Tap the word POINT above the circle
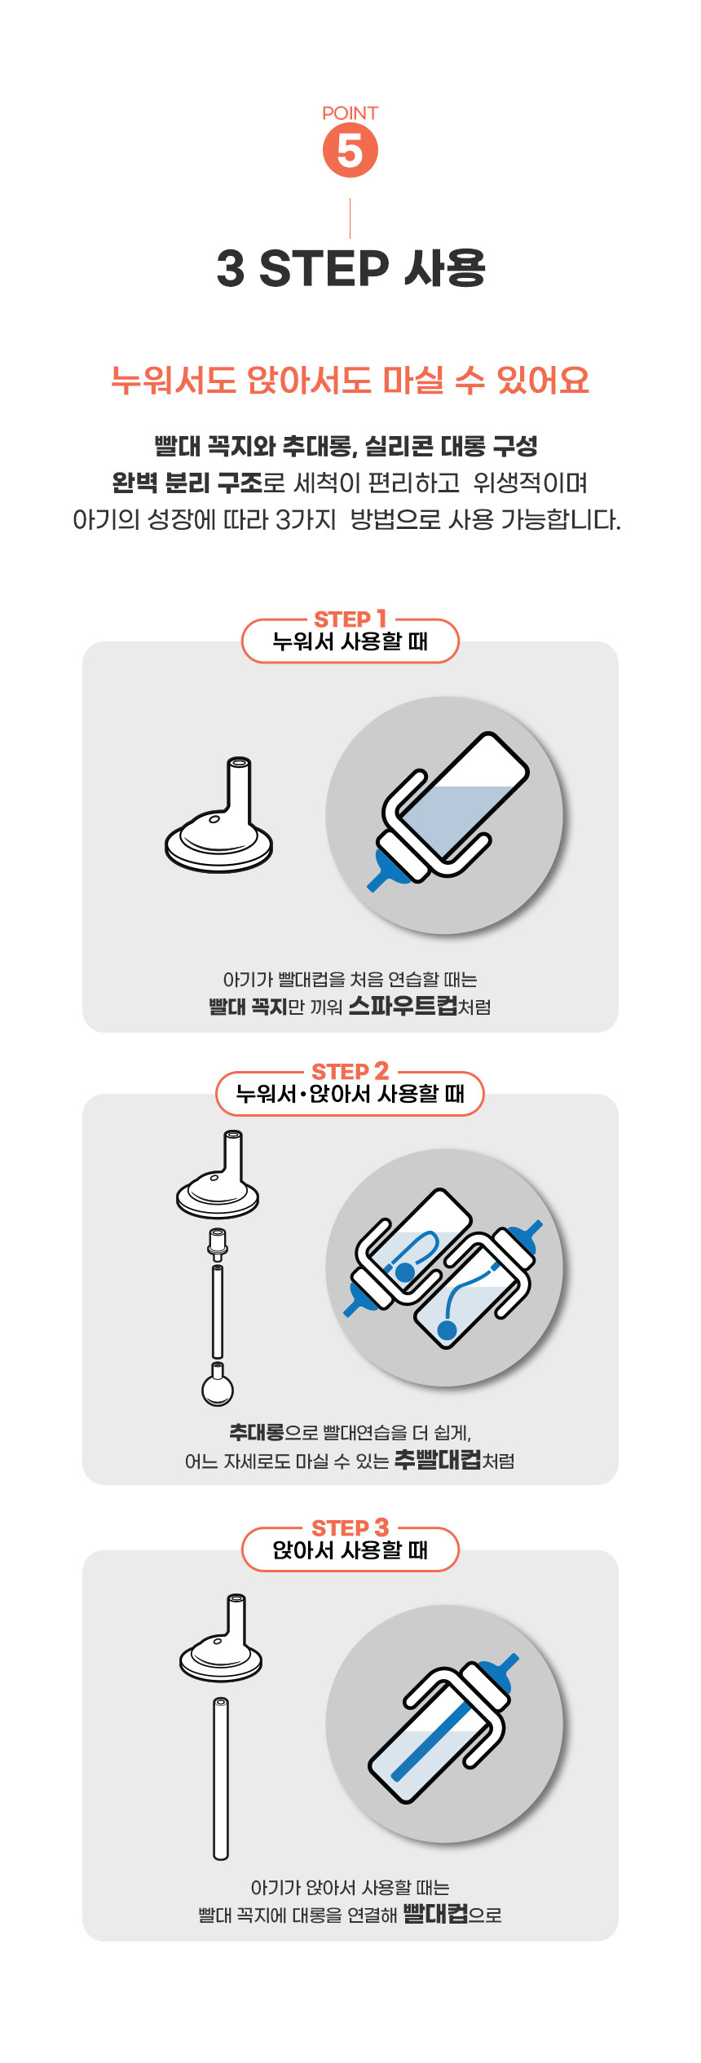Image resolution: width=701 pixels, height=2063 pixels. pos(350,113)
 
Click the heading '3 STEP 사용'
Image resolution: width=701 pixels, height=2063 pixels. pos(350,268)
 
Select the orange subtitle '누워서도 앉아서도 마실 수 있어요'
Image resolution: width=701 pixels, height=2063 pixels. pos(350,380)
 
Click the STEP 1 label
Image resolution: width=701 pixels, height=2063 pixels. pos(350,619)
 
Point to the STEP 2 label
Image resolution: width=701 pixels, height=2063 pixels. pos(350,1071)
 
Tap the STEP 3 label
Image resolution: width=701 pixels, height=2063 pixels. pos(350,1527)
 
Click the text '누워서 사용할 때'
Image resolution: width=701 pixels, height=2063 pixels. pos(350,641)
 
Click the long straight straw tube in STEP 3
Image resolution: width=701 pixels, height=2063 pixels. pos(221,1779)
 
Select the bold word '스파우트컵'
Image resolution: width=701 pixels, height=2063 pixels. pos(403,1005)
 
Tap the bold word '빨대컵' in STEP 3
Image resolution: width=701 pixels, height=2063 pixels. pos(435,1913)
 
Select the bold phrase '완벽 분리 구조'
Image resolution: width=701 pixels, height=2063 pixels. pos(187,483)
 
